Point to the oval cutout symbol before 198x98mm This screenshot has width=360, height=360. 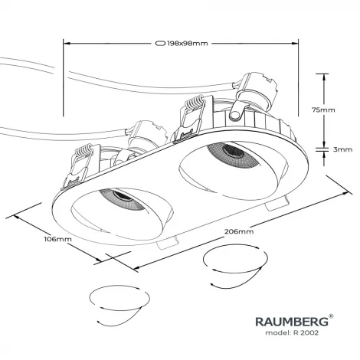(x=160, y=43)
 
